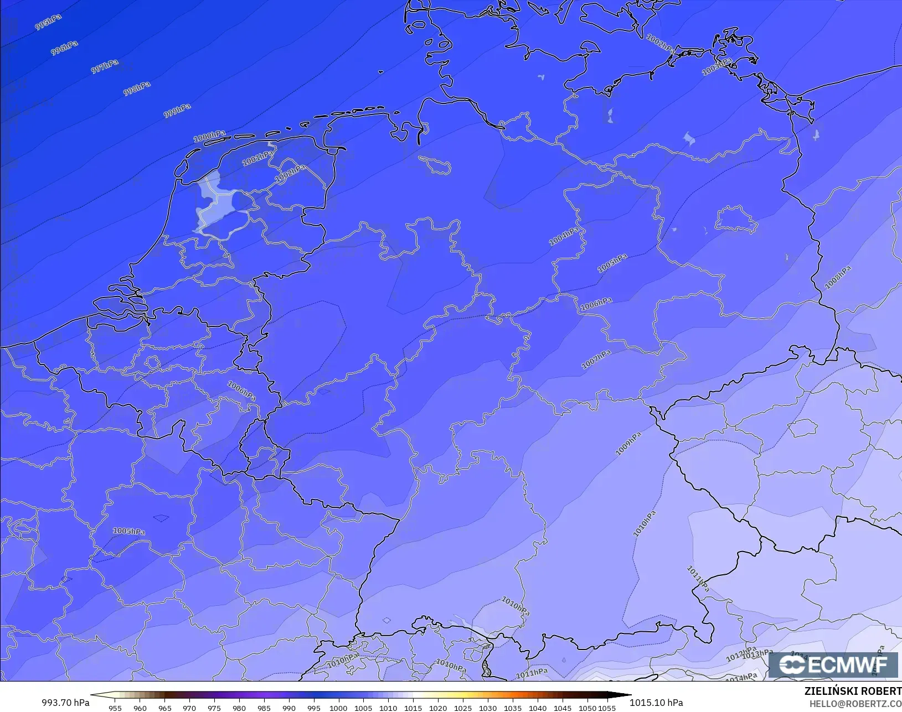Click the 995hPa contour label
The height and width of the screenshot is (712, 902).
click(48, 23)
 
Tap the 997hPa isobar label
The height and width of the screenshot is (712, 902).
click(105, 66)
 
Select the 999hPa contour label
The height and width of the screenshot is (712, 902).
click(177, 110)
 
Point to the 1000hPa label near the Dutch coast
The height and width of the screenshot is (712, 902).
click(209, 136)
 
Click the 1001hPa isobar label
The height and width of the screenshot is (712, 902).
click(258, 158)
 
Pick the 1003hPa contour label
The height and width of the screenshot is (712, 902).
click(717, 66)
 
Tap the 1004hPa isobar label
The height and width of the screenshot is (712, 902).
click(564, 236)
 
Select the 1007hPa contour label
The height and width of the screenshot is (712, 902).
click(596, 359)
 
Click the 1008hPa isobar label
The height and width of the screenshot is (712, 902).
click(838, 277)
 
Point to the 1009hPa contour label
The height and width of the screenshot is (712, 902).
click(628, 444)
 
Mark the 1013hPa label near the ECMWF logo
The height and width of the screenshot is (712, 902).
click(757, 654)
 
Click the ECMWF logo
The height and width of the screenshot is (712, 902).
click(833, 664)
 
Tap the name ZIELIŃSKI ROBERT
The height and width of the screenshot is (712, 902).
click(853, 691)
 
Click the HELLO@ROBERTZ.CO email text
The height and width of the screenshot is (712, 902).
click(855, 704)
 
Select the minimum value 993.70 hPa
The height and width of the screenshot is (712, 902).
click(65, 703)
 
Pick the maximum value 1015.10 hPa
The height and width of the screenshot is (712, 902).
click(656, 703)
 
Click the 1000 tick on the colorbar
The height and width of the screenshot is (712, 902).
click(338, 708)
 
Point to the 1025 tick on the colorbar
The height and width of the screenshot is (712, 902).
click(463, 708)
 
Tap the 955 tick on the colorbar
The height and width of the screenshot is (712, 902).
click(115, 708)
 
